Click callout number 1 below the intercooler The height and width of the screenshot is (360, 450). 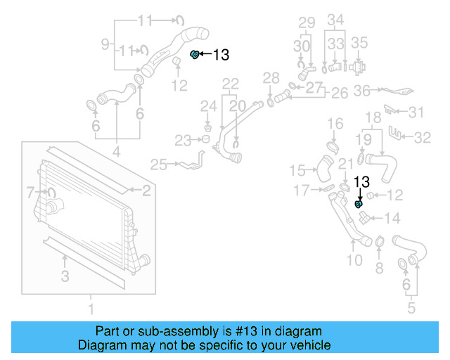90,308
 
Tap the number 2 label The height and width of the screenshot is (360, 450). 146,190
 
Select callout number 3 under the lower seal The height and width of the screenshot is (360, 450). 65,277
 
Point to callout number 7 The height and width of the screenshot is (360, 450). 30,191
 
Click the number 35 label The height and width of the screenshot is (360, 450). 359,43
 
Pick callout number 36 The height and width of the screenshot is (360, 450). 361,90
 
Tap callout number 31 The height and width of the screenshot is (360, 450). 417,112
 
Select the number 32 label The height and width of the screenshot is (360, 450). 421,138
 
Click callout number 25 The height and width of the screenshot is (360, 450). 158,165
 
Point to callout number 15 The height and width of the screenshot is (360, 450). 297,170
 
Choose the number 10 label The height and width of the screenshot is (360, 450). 354,261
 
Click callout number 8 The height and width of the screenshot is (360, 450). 378,267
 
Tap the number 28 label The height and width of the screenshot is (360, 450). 271,77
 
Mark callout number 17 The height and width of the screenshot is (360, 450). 302,190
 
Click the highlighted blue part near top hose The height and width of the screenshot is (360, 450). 195,54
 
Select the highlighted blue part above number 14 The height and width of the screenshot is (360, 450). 359,204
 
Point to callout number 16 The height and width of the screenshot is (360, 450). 335,124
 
